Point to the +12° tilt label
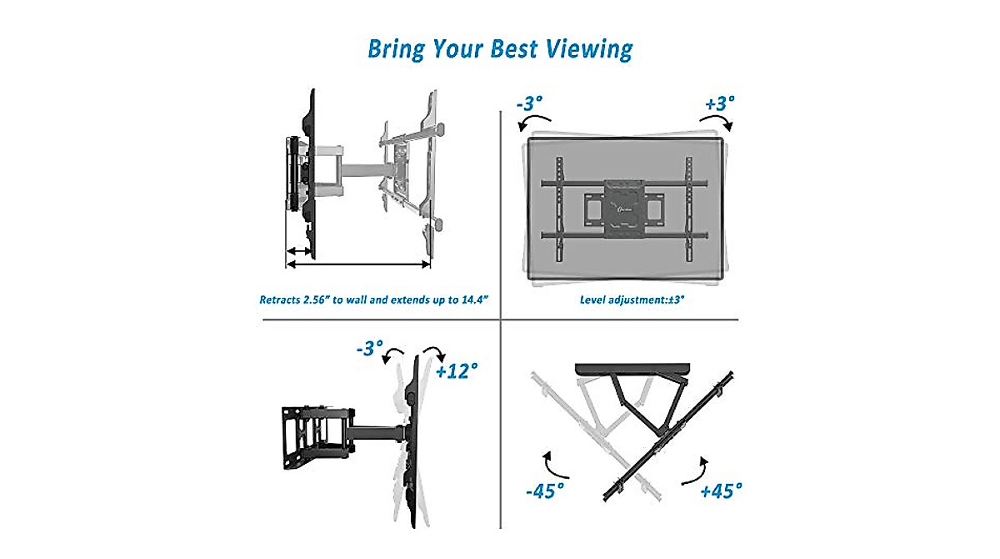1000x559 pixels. click(457, 370)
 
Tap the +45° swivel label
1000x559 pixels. click(720, 491)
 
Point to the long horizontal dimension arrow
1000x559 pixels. click(358, 264)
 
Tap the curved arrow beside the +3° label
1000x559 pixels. click(716, 121)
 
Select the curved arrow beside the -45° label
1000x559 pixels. click(548, 461)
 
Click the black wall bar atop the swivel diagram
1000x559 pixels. click(632, 369)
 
